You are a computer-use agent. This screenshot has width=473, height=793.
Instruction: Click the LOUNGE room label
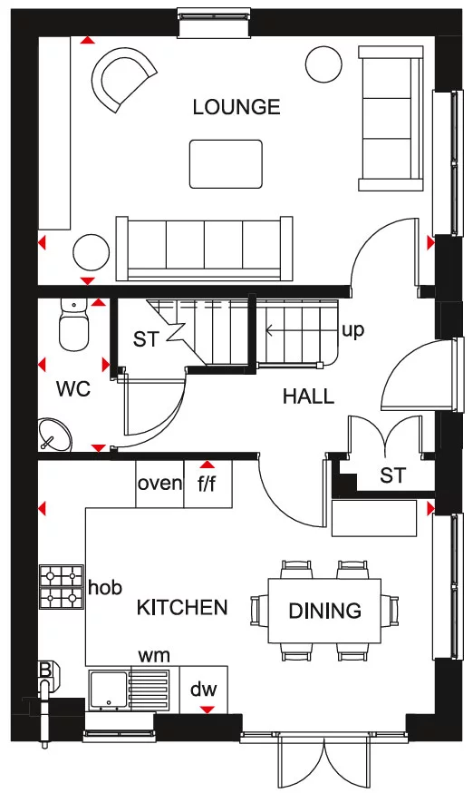click(x=236, y=107)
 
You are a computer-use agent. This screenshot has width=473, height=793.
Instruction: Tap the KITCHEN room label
click(x=182, y=607)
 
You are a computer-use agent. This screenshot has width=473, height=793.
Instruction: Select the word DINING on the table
click(x=324, y=611)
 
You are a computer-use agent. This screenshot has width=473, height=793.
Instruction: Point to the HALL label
click(x=308, y=396)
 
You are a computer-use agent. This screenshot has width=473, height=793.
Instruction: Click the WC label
click(x=73, y=389)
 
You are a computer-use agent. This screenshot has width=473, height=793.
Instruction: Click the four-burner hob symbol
click(x=62, y=587)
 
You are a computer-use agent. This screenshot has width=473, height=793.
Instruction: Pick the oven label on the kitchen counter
click(x=159, y=483)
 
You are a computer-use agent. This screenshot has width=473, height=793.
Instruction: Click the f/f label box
click(x=208, y=483)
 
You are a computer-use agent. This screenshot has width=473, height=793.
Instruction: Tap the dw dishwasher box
click(x=204, y=690)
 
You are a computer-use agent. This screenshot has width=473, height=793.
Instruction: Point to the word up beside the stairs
click(x=352, y=330)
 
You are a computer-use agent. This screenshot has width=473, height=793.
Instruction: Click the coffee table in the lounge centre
click(x=226, y=163)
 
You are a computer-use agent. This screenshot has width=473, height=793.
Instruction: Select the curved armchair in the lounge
click(x=122, y=81)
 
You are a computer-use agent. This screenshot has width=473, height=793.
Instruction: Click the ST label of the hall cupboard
click(x=392, y=475)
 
